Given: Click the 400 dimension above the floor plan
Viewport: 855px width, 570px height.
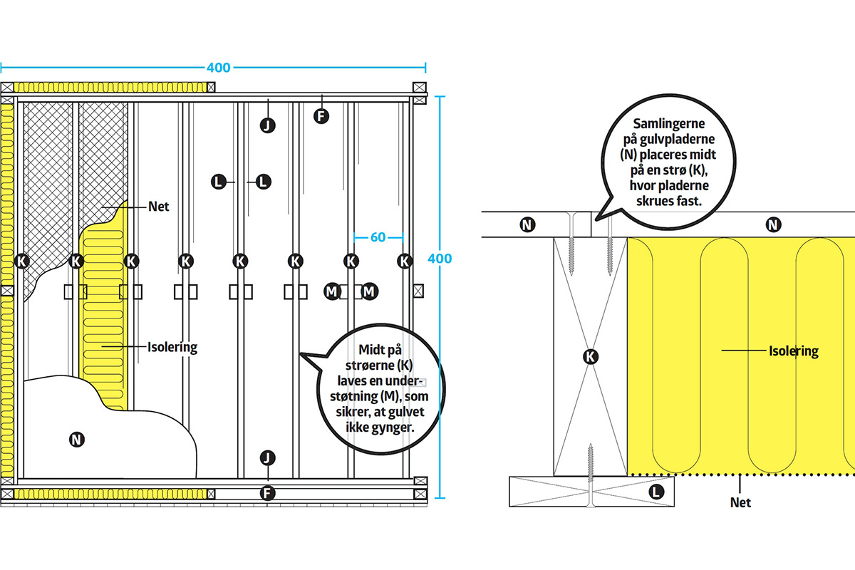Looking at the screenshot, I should pos(218,68).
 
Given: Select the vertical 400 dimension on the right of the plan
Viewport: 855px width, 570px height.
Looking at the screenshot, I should pos(442,258).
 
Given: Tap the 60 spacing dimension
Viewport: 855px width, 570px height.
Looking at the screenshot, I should pos(378,237).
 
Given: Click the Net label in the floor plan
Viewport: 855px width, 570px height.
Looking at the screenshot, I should pos(158,207).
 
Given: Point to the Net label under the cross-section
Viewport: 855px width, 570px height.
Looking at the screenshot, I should pos(740,502).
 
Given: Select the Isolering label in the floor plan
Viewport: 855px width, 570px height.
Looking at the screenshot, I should pos(172,348).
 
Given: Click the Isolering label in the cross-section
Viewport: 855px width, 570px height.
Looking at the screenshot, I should pos(793,351).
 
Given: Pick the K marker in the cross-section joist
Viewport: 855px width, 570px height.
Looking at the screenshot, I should pos(590,356).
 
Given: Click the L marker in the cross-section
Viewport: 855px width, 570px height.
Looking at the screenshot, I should pos(655,491).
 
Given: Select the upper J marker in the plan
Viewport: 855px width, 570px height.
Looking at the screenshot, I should pos(267,125).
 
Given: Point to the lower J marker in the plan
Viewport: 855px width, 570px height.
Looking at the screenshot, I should pos(267,457).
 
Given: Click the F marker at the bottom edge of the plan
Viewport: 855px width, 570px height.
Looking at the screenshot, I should pos(267,492).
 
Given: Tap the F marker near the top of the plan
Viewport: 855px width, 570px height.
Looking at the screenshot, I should pos(322,115).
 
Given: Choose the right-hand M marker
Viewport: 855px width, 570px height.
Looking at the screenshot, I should pos(369,291).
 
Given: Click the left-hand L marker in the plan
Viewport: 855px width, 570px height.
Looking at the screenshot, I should pos(220,182).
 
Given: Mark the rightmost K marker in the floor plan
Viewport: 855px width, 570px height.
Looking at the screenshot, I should pos(405,261).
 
